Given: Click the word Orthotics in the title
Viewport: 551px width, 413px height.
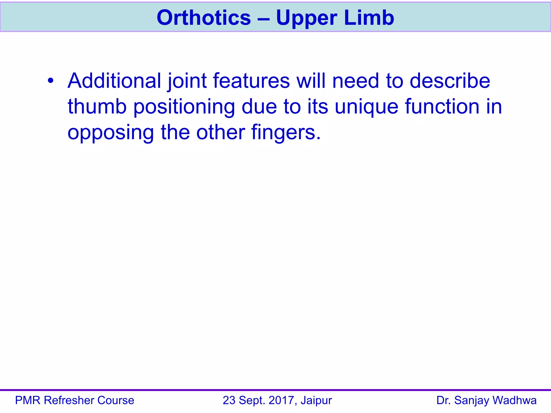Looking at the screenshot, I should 204,18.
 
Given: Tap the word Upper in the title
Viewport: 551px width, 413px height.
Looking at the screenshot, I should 306,18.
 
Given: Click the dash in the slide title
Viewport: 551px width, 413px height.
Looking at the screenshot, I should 263,18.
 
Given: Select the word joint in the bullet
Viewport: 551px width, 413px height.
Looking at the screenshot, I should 187,81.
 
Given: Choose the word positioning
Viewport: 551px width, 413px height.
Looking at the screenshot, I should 184,107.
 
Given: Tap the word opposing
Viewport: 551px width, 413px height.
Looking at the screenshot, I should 111,133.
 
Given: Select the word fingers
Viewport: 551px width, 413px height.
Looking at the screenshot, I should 286,133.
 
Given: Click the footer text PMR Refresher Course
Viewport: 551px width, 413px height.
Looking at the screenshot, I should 75,400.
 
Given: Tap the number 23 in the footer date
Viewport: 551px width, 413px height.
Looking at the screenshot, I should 229,400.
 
